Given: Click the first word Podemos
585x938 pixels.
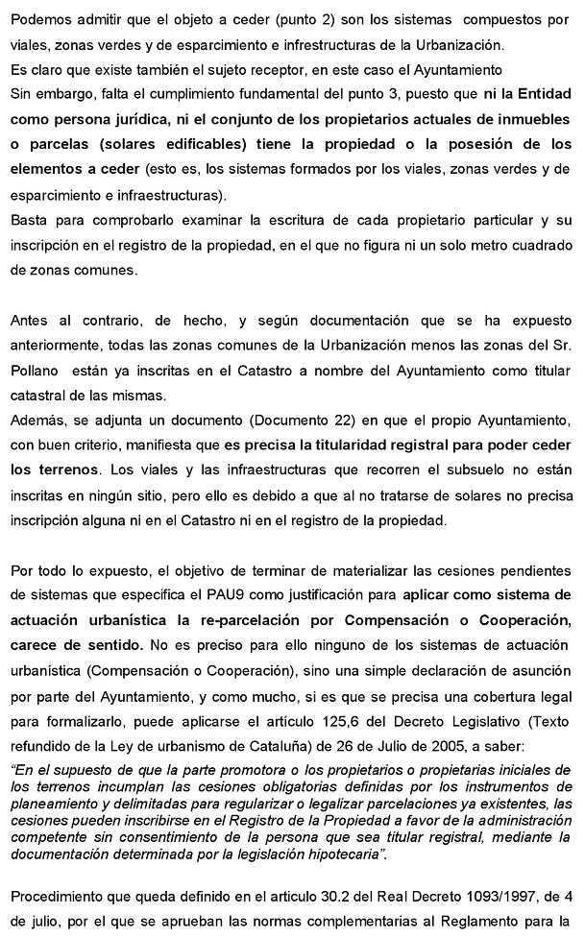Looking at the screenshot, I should click(42, 20).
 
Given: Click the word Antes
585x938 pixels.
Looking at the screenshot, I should click(31, 319).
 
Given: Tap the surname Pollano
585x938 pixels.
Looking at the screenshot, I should click(37, 369).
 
